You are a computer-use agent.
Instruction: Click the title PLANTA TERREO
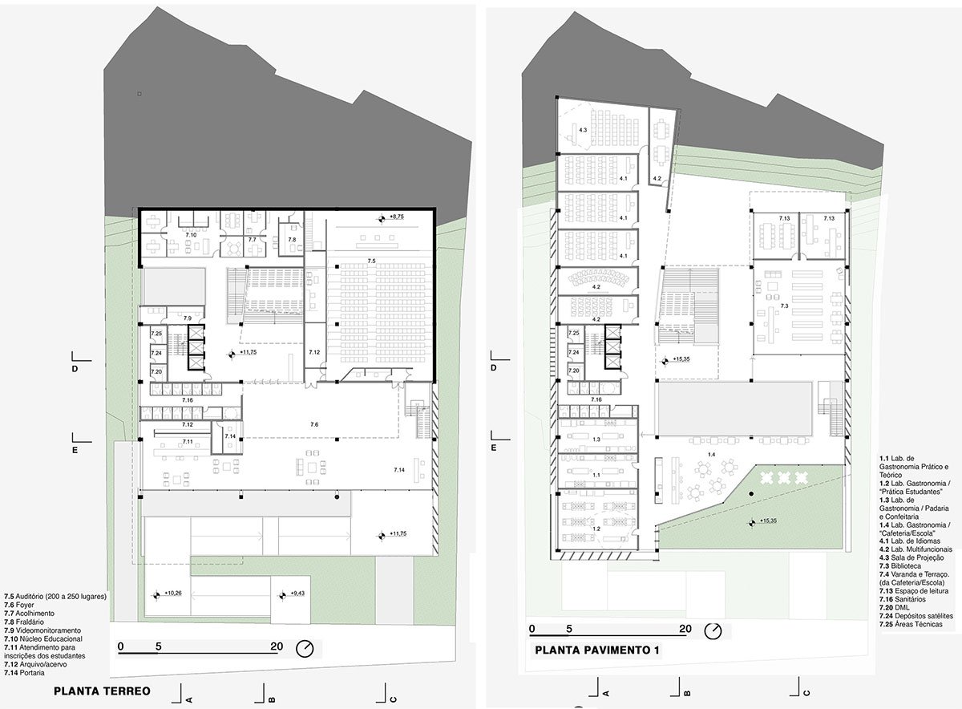(x=102, y=690)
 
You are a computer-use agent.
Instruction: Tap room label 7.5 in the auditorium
(x=370, y=261)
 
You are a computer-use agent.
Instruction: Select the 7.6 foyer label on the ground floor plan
(x=314, y=423)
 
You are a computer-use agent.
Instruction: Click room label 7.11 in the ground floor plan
(x=187, y=442)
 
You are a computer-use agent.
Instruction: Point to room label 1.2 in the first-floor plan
(x=596, y=529)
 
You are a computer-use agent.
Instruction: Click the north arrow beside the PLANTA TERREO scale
(x=305, y=648)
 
